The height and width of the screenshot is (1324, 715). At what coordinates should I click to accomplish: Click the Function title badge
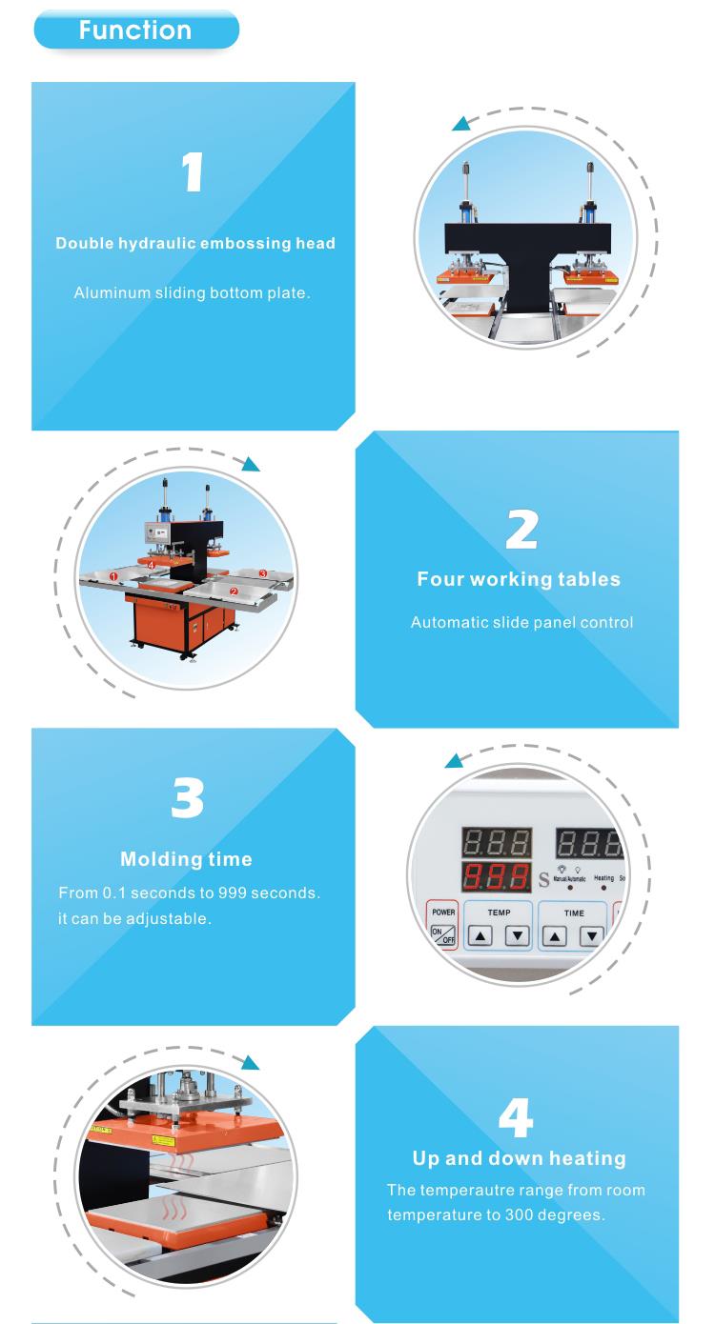[x=136, y=30]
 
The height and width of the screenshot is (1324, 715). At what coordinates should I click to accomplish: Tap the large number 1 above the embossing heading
[x=193, y=172]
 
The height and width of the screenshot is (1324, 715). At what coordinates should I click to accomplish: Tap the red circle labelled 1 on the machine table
[x=113, y=575]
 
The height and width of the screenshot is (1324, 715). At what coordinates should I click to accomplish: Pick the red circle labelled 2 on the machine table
[x=234, y=592]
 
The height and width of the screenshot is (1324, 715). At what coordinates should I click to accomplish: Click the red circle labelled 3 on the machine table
[x=263, y=573]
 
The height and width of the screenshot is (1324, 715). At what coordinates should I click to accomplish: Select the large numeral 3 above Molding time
[x=188, y=798]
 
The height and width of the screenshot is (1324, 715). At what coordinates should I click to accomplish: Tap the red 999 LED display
[x=496, y=877]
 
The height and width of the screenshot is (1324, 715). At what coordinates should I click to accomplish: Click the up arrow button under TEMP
[x=480, y=935]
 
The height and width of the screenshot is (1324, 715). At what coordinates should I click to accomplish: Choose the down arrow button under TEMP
[x=518, y=935]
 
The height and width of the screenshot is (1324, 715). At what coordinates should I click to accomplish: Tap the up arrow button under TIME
[x=555, y=936]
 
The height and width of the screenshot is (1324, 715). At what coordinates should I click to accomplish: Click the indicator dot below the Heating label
[x=603, y=888]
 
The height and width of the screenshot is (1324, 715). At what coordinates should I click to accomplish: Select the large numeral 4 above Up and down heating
[x=516, y=1116]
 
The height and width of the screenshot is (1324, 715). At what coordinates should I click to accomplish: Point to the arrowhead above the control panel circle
[x=454, y=761]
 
